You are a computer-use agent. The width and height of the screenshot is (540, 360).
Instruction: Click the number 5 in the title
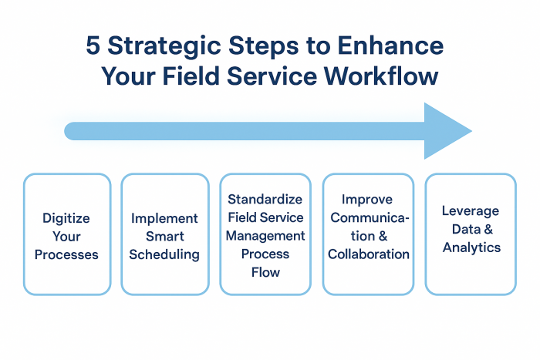pos(93,45)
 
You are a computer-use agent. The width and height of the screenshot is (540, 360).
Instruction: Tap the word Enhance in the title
pos(390,45)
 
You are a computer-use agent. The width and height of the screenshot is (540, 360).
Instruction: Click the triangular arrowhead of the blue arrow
pos(444,131)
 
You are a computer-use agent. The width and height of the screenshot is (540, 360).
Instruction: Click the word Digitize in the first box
pos(66,219)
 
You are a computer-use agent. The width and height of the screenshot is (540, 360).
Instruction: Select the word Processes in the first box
pos(66,254)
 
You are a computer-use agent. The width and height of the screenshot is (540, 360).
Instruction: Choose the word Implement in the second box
pos(164,219)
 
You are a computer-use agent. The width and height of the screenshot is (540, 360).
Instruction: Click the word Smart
pos(165,237)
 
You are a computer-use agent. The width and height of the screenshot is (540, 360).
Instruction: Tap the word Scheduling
pos(164,255)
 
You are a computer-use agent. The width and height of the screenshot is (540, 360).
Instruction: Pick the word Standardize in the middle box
pos(265,200)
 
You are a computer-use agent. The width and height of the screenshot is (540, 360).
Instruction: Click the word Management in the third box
pos(265,237)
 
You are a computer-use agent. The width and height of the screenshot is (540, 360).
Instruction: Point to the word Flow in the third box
pos(265,272)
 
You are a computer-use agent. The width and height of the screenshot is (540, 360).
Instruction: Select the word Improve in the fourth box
pos(367,200)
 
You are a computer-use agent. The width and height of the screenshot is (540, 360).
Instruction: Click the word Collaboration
pos(369,254)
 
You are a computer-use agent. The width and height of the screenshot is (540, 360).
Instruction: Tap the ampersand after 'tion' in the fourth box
pos(383,237)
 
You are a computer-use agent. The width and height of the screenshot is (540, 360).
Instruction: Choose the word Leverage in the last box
pos(471,211)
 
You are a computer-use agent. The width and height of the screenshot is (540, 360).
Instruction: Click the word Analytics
pos(471,247)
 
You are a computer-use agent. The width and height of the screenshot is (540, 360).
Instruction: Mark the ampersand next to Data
pos(488,229)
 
